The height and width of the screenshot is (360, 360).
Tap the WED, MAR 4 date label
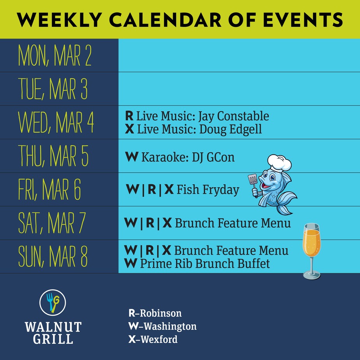click(x=56, y=122)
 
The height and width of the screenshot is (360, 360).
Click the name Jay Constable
click(x=233, y=116)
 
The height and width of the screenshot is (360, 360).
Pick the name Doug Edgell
click(x=230, y=129)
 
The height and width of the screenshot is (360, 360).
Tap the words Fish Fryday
click(x=208, y=190)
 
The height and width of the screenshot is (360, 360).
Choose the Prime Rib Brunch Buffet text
click(x=204, y=264)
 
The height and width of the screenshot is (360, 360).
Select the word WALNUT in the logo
click(x=53, y=327)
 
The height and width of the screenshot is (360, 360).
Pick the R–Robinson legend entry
click(x=155, y=313)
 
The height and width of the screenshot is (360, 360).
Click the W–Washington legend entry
click(x=162, y=326)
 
